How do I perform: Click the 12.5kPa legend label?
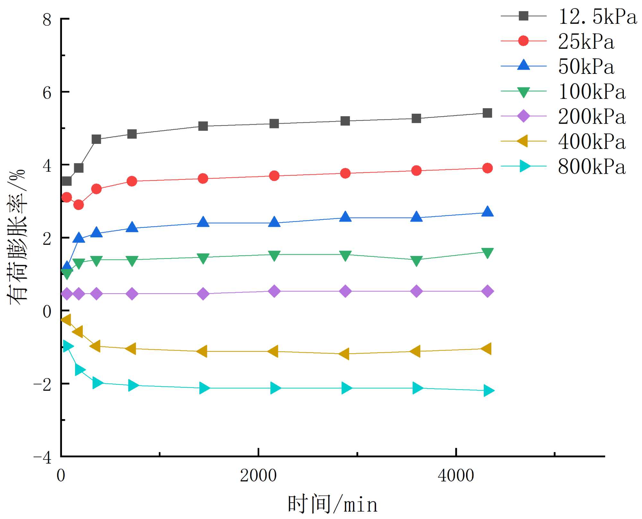click(597, 16)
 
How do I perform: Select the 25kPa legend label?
click(586, 41)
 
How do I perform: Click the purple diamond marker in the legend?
click(524, 116)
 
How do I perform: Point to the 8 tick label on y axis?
click(47, 20)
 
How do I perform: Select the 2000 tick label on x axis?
click(258, 476)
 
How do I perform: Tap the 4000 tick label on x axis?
click(456, 476)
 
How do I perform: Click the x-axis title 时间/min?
click(332, 504)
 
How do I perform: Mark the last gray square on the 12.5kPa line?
click(487, 113)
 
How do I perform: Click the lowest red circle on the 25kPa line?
click(79, 205)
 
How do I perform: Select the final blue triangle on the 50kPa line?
click(487, 212)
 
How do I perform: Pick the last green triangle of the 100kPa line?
click(487, 253)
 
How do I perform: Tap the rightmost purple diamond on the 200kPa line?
click(487, 291)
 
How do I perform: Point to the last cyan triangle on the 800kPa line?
click(488, 391)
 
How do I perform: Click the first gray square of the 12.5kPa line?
click(66, 181)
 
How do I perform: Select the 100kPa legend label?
click(592, 92)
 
